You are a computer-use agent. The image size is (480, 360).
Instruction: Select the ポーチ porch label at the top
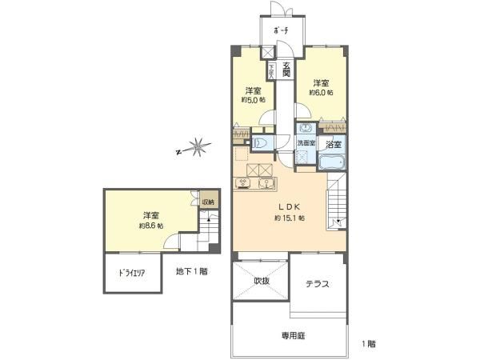[x=281, y=30]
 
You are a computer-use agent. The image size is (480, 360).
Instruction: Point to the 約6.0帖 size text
[x=321, y=92]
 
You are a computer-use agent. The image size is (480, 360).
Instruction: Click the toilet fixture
[x=259, y=142]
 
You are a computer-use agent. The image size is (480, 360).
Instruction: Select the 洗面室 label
[x=306, y=143]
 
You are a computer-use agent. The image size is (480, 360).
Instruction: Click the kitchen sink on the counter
[x=243, y=183]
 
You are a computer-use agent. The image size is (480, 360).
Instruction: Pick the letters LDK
[x=286, y=204]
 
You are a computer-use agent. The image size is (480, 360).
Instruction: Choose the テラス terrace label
[x=318, y=284]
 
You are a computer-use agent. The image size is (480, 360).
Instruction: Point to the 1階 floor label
[x=369, y=344]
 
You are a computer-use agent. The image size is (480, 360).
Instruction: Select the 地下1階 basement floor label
[x=192, y=272]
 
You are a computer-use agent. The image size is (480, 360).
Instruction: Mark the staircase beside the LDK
[x=336, y=203]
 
